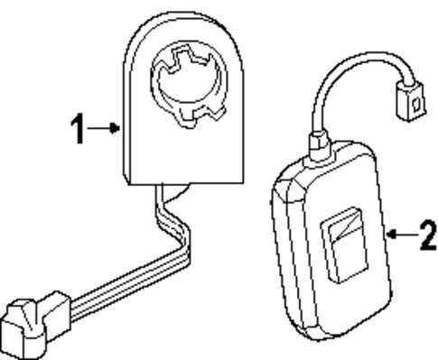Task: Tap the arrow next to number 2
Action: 397,236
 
